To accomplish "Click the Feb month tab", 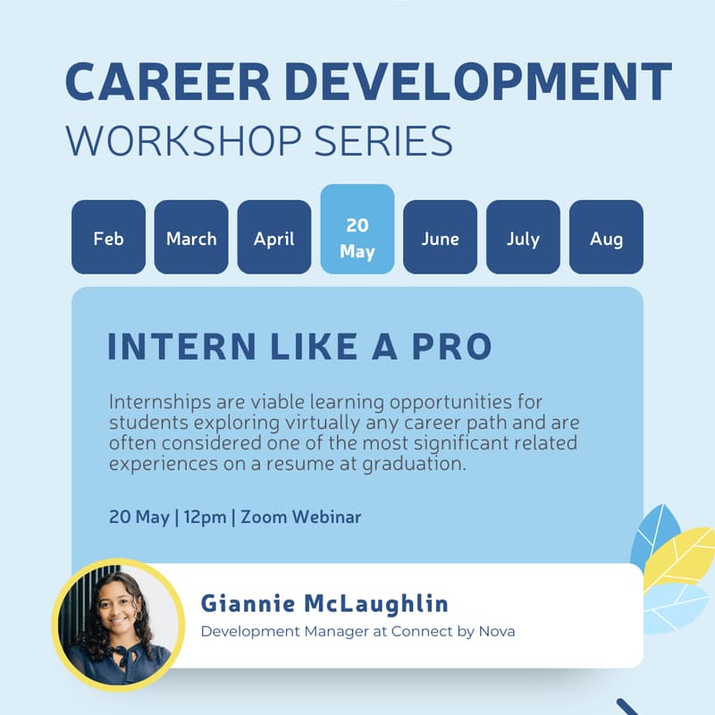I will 108,238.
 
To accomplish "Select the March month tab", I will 191,238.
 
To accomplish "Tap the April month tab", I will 274,238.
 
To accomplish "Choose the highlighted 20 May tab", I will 357,238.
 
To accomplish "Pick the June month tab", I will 441,238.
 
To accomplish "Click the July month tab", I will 523,238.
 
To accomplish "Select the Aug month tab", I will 606,238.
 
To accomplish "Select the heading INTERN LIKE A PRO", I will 299,348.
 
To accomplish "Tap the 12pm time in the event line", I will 205,517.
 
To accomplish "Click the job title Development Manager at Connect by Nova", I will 357,632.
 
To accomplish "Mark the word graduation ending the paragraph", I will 420,465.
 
